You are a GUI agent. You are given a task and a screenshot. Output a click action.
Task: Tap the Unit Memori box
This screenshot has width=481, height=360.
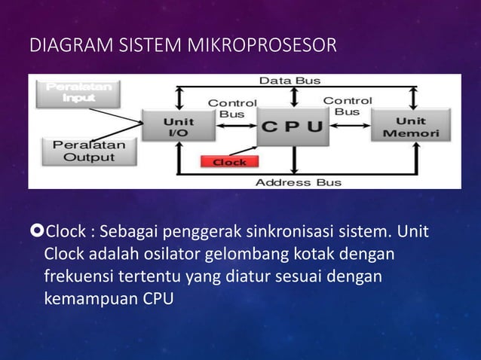pos(410,127)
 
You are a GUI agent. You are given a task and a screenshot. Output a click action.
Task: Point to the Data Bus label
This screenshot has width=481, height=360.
pos(290,80)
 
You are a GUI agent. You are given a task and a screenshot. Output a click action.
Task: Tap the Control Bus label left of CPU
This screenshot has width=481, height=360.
pos(232,108)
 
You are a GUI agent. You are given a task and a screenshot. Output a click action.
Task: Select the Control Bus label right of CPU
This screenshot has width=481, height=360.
pos(348,105)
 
